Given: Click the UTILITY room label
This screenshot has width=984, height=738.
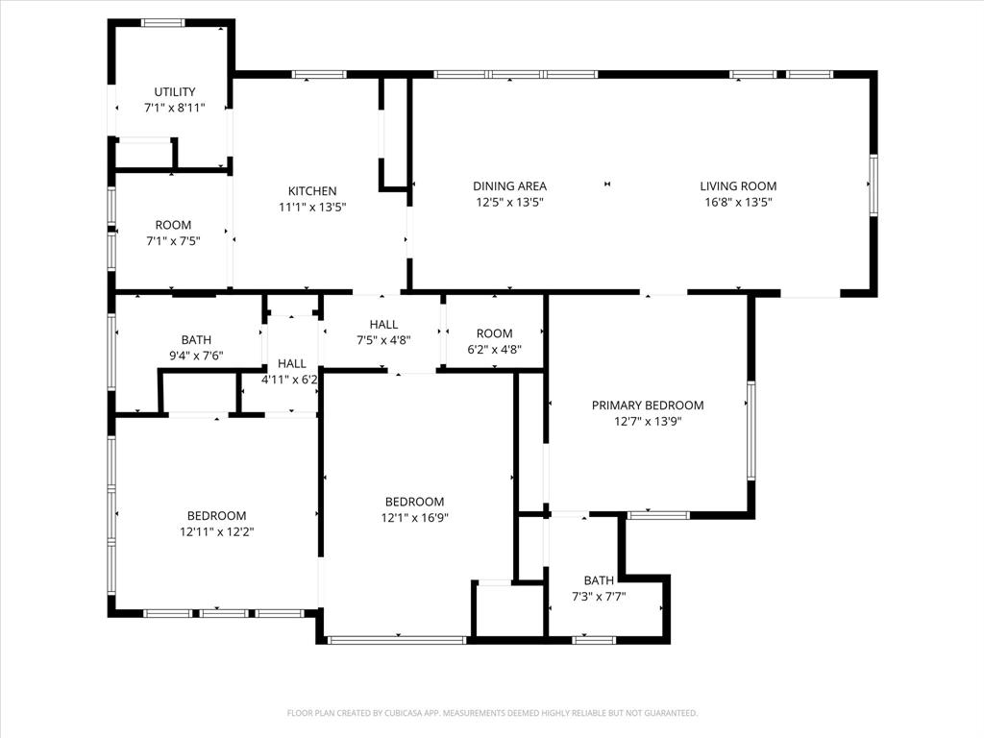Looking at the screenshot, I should [174, 92].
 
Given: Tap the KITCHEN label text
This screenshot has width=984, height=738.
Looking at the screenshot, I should [312, 191].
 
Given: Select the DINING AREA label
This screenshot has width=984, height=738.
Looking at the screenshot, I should [509, 186].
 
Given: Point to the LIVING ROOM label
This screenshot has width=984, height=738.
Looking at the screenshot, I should [738, 186].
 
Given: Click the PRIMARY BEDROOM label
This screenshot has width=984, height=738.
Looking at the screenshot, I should [647, 406].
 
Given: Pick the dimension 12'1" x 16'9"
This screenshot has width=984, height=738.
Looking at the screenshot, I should [414, 517].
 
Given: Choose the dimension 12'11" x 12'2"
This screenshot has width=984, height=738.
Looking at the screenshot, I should [216, 531].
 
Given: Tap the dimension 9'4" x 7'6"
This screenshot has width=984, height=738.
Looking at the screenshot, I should [196, 356].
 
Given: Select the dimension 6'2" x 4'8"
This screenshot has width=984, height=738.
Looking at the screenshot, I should [494, 350].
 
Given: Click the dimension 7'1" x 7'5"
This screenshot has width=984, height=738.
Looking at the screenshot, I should [173, 241].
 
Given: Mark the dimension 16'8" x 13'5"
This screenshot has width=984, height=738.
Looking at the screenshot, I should [738, 203].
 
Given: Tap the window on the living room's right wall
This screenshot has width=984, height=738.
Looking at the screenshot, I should [873, 184].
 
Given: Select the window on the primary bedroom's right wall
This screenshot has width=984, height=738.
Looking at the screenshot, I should [750, 430].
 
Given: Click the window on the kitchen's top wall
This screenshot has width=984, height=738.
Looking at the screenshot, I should [319, 74].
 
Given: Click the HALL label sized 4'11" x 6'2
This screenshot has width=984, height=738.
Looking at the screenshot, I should [292, 363].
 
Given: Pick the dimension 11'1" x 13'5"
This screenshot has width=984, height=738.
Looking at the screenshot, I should [312, 207].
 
